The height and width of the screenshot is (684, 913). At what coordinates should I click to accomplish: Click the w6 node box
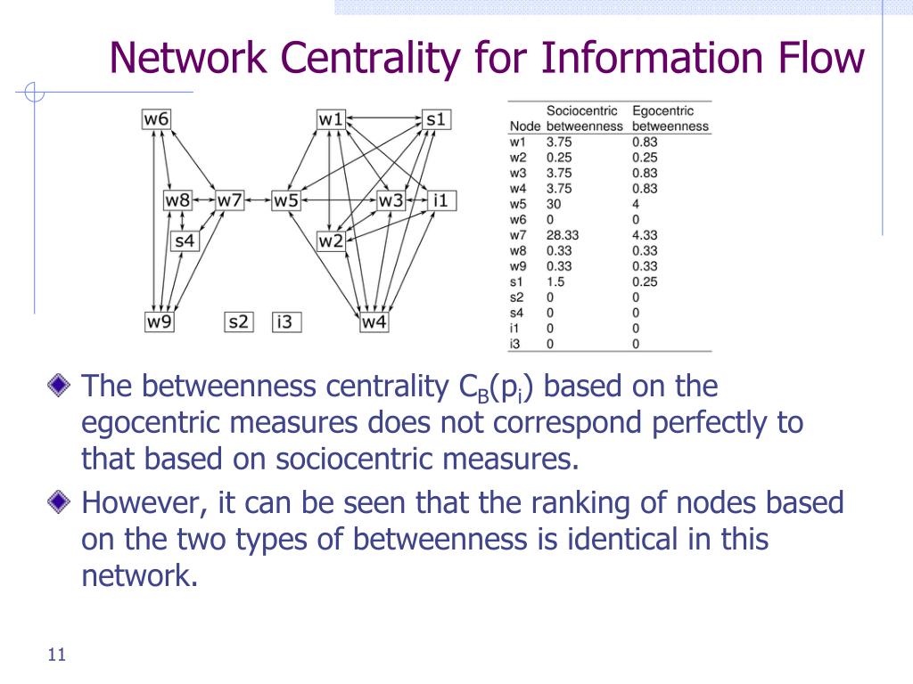point(156,118)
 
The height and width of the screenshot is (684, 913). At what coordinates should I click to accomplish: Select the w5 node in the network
point(286,200)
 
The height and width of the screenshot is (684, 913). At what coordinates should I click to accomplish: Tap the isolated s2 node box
point(239,322)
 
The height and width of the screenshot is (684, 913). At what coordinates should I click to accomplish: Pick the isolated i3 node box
point(286,322)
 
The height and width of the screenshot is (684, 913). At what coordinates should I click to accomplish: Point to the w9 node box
point(159,322)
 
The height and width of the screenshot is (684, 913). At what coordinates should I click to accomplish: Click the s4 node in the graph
point(185,240)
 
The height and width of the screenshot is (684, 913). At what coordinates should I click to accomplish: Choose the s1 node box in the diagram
point(436,119)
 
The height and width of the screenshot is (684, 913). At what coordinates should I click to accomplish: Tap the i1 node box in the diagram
point(441,200)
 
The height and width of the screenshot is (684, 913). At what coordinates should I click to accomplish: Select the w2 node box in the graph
point(331,240)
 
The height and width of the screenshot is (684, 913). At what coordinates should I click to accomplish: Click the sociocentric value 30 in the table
point(554,204)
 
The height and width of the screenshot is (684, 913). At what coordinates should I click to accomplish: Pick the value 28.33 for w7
point(563,235)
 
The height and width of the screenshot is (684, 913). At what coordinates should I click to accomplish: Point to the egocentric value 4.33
point(645,235)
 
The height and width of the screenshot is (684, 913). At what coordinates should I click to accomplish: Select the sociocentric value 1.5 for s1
point(555,281)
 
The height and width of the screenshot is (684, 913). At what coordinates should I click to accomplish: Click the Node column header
point(525,126)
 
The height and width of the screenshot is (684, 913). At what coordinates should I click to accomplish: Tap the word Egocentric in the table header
point(663,110)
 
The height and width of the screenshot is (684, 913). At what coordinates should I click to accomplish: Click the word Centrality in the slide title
point(370,58)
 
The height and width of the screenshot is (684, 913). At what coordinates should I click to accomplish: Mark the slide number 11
point(57,655)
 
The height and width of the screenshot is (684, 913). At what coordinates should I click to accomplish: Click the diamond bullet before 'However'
point(59,502)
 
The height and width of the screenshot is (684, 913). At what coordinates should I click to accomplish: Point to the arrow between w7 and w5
point(258,200)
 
